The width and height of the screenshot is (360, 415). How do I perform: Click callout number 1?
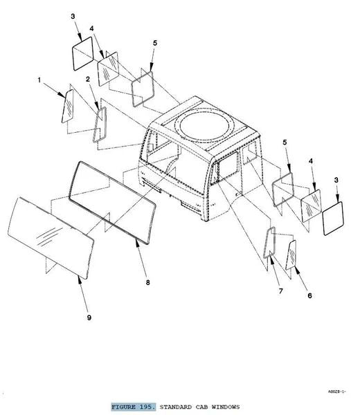pos(39,80)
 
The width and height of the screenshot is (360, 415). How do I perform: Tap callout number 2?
pos(88,79)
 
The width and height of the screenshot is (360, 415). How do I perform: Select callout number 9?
pos(89,317)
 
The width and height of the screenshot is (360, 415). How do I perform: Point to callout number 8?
pos(148,282)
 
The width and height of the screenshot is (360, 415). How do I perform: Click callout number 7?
pos(281,291)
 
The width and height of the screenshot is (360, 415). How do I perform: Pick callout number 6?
pos(309,295)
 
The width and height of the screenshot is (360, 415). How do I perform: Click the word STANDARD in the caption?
pos(175,407)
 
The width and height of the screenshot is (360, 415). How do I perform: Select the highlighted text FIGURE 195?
pos(133,407)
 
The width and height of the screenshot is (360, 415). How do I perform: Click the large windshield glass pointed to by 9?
pos(51,237)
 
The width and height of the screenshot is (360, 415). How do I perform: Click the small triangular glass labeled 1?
pos(68,106)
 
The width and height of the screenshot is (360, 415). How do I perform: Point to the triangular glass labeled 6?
pos(291,255)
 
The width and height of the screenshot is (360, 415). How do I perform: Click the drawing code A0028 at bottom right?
pos(336,391)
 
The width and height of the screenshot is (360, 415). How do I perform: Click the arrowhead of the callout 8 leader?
pos(137,242)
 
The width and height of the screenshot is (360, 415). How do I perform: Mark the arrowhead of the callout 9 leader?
pos(79,279)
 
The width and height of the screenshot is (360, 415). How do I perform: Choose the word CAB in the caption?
pos(201,407)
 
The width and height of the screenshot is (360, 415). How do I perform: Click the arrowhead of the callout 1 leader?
pos(62,95)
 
